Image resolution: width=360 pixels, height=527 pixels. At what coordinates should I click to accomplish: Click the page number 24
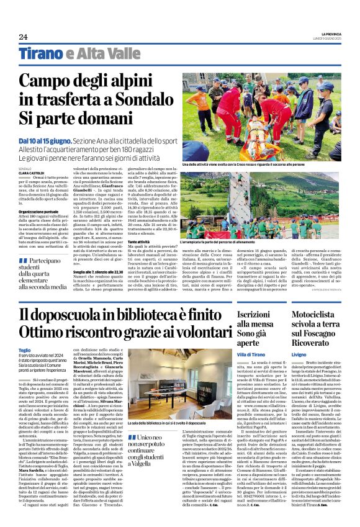tap(23, 37)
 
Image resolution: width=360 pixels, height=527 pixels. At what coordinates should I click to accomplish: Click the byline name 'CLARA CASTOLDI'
tap(32, 173)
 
